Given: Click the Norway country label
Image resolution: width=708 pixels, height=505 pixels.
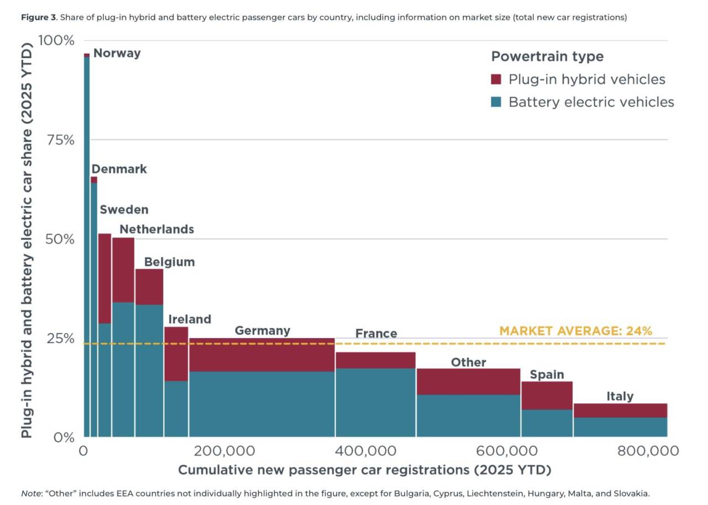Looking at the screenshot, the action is pos(117,53).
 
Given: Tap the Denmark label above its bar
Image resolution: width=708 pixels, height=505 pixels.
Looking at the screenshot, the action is pos(119,169).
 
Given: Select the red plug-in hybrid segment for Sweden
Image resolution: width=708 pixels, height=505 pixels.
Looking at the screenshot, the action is pos(105,278).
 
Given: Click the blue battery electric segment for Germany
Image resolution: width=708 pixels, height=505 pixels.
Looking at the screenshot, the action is pos(262,404).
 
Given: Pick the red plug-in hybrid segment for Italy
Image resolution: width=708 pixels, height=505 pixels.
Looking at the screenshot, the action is pos(621,410).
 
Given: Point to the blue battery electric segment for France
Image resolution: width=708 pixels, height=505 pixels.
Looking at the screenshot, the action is pos(376,403).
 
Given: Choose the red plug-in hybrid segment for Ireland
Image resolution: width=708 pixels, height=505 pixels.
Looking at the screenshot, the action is pos(176,354).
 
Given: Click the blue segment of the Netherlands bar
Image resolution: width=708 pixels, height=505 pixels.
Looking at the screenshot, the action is pos(123,369).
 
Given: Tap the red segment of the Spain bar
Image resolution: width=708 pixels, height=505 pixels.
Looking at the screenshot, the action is pos(547,395).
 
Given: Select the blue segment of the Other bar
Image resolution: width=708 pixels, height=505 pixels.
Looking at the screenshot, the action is pos(468,415).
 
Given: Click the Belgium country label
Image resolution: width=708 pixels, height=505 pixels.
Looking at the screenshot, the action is pos(169,262).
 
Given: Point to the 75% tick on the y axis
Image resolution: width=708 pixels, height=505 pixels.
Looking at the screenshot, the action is pos(61,140).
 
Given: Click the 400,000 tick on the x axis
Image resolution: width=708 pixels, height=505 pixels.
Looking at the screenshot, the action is pos(366,451).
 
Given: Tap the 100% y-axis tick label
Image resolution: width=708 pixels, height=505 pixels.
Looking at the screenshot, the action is pos(56,40).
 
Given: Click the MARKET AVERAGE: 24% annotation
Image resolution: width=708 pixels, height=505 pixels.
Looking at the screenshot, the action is pos(576,331).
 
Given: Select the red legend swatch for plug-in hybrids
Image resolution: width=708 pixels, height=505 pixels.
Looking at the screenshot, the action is pos(496,79).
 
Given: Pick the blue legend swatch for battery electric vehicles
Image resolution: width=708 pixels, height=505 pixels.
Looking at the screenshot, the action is pos(496,102).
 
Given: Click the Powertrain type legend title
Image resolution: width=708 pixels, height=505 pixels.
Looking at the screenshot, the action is pos(548,56).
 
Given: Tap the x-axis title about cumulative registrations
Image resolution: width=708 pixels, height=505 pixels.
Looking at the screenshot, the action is pos(365,470).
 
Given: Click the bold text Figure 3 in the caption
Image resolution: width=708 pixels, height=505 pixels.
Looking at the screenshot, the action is pos(39,17).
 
